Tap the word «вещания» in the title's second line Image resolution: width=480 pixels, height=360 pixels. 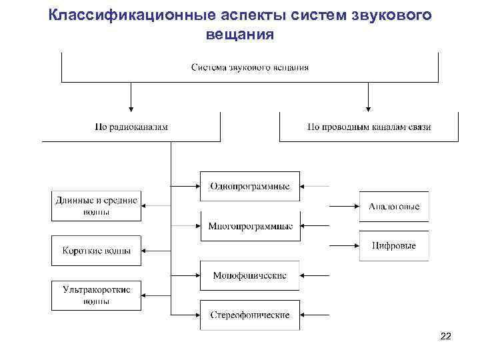(240, 33)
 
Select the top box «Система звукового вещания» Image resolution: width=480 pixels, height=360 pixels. (249, 67)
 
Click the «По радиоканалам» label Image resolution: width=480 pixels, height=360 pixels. (131, 127)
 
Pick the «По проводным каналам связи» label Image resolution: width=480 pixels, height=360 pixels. (369, 127)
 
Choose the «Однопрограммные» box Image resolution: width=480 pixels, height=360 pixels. (249, 186)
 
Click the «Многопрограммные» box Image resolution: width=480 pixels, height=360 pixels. (249, 226)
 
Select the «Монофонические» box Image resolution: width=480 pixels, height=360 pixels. (249, 275)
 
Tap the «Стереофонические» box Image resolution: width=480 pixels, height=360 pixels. (249, 314)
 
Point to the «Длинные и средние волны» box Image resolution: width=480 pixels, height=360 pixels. (97, 206)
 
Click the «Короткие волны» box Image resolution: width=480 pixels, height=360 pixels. (97, 251)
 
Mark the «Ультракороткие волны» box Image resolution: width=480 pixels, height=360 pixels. (97, 295)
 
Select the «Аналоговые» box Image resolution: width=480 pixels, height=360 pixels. (394, 207)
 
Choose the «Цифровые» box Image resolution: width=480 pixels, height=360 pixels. (394, 245)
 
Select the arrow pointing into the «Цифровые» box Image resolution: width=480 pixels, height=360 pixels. (344, 245)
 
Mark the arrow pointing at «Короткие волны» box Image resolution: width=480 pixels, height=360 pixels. (156, 251)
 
